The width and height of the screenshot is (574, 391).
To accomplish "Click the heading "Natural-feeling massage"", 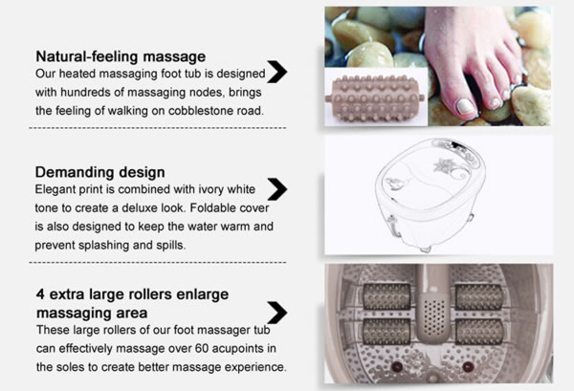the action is (121, 56).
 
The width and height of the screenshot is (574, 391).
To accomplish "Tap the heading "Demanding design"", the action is (99, 172).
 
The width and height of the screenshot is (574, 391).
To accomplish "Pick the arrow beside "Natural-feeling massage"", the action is (277, 72).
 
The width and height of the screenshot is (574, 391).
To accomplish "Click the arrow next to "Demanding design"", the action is (277, 189).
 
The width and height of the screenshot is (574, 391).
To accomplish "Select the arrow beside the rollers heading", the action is (277, 313).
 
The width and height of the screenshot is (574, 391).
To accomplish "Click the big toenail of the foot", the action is (466, 106).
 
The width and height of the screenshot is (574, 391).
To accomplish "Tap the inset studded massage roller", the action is (375, 98).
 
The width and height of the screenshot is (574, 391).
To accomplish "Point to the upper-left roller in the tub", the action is (386, 296).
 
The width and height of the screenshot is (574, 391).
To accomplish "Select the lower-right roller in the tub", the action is (479, 332).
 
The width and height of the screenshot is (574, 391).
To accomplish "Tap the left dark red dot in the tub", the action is (396, 366).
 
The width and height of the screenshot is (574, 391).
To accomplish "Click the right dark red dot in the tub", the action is (468, 366).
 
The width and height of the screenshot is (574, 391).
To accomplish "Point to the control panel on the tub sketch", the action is (456, 151).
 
